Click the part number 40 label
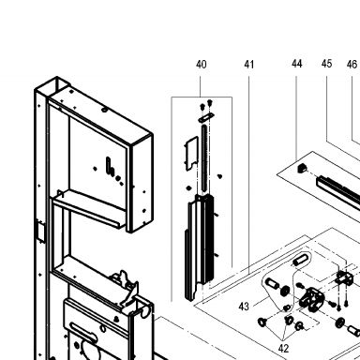pos(202,65)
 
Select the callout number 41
pos(248,65)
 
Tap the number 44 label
pos(297,64)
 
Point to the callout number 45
pos(326,64)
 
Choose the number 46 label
pos(352,65)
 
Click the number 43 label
pos(244,307)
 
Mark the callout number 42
pos(283,348)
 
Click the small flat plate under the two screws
pos(206,117)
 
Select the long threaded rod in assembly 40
pos(204,158)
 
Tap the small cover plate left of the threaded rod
pos(192,153)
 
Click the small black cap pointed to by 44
pos(302,168)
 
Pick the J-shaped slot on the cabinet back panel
pos(110,166)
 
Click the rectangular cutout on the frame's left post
pos(40,231)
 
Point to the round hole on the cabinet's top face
pos(104,110)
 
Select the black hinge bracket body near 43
pos(311,299)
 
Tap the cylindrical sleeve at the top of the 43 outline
pos(301,260)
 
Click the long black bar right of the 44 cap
pos(338,192)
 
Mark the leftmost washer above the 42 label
pos(262,322)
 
